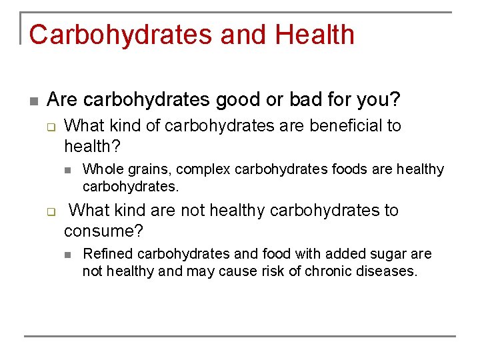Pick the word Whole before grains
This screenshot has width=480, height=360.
point(101,169)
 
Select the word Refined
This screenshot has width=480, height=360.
point(105,254)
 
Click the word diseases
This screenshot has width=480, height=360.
point(385,271)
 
